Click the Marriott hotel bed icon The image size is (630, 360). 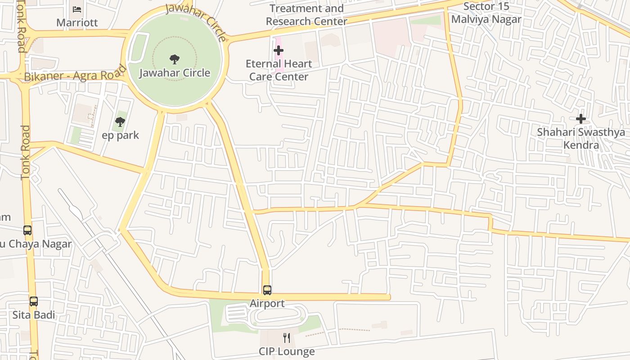coord(77,9)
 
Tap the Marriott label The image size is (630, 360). coord(77,22)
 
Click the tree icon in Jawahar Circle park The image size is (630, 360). coord(175,59)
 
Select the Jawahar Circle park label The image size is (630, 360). coord(175,73)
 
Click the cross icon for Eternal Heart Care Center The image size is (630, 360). coord(279,50)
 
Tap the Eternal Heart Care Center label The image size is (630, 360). coord(279,70)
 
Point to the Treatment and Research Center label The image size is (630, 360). coord(306,15)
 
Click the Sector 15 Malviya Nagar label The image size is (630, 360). coord(486,13)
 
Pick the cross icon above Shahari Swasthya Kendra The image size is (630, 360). coord(581,119)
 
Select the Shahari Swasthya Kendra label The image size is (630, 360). coord(581,139)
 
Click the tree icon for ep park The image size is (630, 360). coord(120,121)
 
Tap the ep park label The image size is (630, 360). coord(121,135)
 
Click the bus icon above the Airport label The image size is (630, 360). coord(267,290)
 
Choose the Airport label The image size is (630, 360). coord(267,304)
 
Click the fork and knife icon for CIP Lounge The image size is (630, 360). coord(287,337)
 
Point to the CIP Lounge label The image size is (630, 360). coord(287,351)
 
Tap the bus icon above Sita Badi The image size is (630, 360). coord(34,301)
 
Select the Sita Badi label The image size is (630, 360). coord(34,315)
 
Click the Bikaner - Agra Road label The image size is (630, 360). coord(75,75)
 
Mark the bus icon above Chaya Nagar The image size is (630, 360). coord(27,230)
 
